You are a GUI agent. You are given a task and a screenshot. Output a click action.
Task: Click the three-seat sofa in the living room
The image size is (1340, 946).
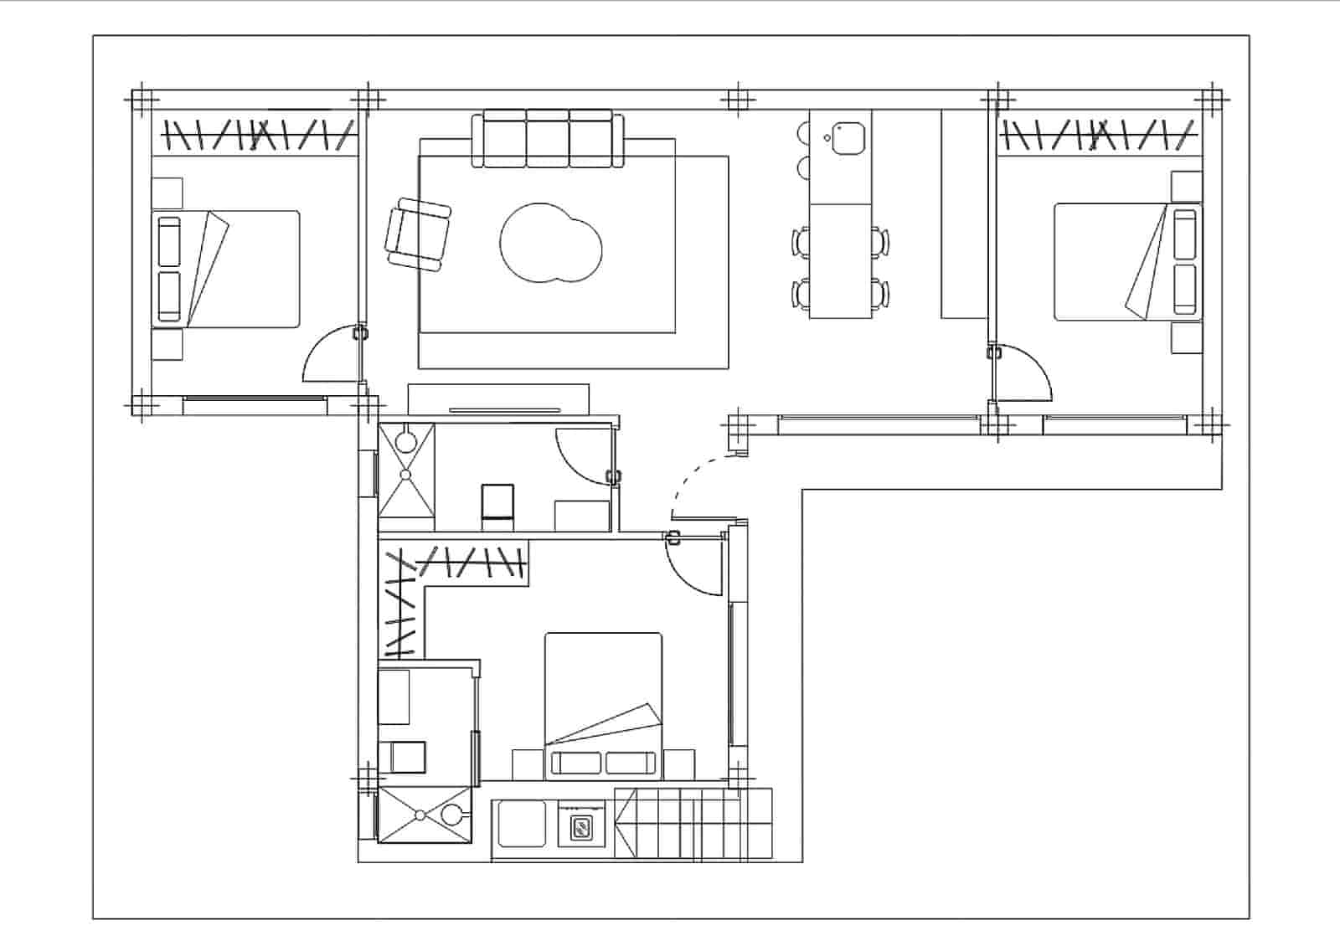click(548, 139)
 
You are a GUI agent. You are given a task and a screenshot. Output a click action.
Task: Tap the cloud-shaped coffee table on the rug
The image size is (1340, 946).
click(550, 243)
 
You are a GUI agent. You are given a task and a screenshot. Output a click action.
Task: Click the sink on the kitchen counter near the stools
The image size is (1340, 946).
click(847, 138)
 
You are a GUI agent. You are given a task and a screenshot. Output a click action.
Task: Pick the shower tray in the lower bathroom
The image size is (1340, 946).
click(425, 814)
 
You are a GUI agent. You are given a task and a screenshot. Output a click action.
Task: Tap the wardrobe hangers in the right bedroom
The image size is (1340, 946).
click(1098, 135)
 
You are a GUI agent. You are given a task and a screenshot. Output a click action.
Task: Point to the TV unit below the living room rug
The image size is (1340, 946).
click(498, 398)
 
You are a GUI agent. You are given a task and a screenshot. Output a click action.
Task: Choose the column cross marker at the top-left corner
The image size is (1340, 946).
click(142, 100)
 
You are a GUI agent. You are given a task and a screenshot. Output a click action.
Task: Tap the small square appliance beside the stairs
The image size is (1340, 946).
click(580, 828)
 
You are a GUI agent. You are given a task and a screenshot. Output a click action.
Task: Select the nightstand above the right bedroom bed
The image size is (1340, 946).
click(1186, 186)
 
